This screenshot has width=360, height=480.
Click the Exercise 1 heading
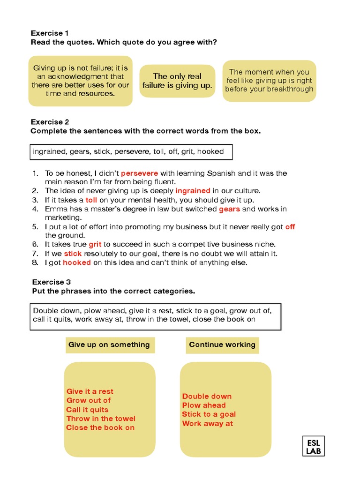coord(50,33)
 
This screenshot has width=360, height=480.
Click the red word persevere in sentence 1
coord(139,173)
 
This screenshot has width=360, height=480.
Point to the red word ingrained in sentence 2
coord(193,191)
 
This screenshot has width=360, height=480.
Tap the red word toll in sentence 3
coord(91,200)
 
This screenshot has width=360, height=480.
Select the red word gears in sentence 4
coord(229,209)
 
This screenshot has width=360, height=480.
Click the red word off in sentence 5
coord(290,227)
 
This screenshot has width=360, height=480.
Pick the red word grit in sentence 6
coord(95,244)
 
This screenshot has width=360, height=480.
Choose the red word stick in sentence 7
coord(73,254)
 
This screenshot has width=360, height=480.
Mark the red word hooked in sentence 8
coord(77,262)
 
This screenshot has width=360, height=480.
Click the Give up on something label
coord(109,345)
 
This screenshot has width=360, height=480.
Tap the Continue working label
coord(222,345)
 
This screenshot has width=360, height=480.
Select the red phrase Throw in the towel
coord(101,419)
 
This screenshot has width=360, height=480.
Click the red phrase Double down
coord(207,396)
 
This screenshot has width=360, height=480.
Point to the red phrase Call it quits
coord(87,410)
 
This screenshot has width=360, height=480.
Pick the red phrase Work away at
coord(207,423)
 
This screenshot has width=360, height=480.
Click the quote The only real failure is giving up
coord(177,81)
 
